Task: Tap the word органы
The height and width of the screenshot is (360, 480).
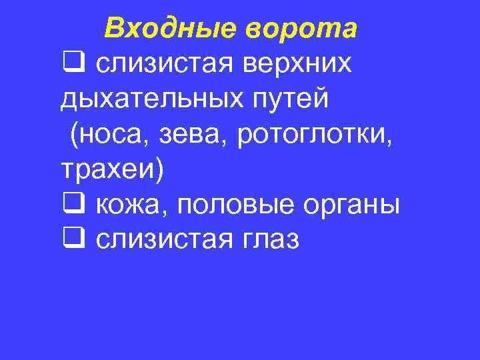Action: point(354,205)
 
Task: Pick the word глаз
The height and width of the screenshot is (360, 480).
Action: point(267,239)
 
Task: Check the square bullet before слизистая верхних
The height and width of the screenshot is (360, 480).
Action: point(70,63)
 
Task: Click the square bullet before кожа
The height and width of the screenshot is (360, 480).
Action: point(70,204)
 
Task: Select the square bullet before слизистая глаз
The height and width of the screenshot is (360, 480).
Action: point(70,239)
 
